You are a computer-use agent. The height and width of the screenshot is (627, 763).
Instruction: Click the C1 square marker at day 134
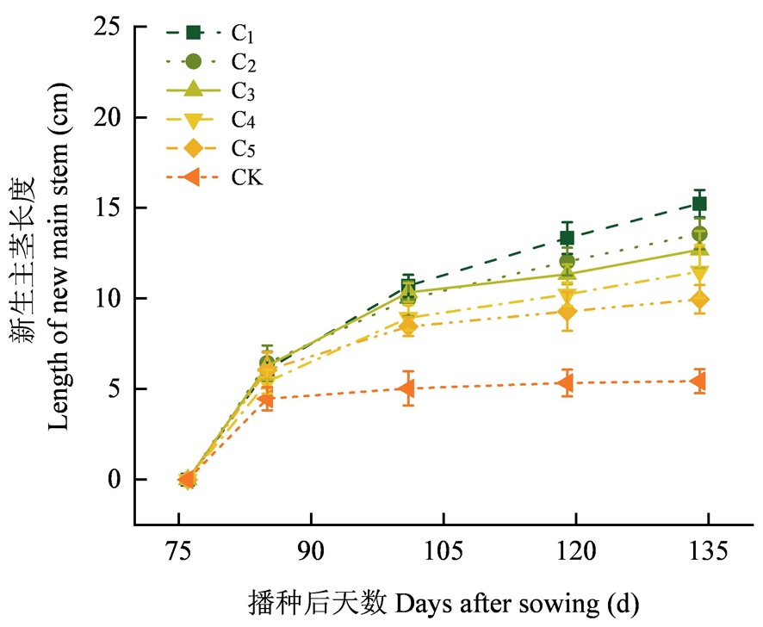[700, 203]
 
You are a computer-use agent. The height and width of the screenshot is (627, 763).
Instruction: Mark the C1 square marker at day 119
[568, 238]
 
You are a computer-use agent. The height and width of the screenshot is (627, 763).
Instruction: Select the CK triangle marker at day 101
[408, 388]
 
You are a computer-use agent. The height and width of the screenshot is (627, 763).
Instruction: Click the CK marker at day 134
[700, 381]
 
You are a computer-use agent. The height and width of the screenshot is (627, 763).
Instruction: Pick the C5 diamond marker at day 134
[700, 300]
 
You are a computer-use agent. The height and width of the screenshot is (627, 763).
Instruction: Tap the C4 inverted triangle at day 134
[700, 272]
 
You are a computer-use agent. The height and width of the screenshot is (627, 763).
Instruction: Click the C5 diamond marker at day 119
[568, 312]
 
